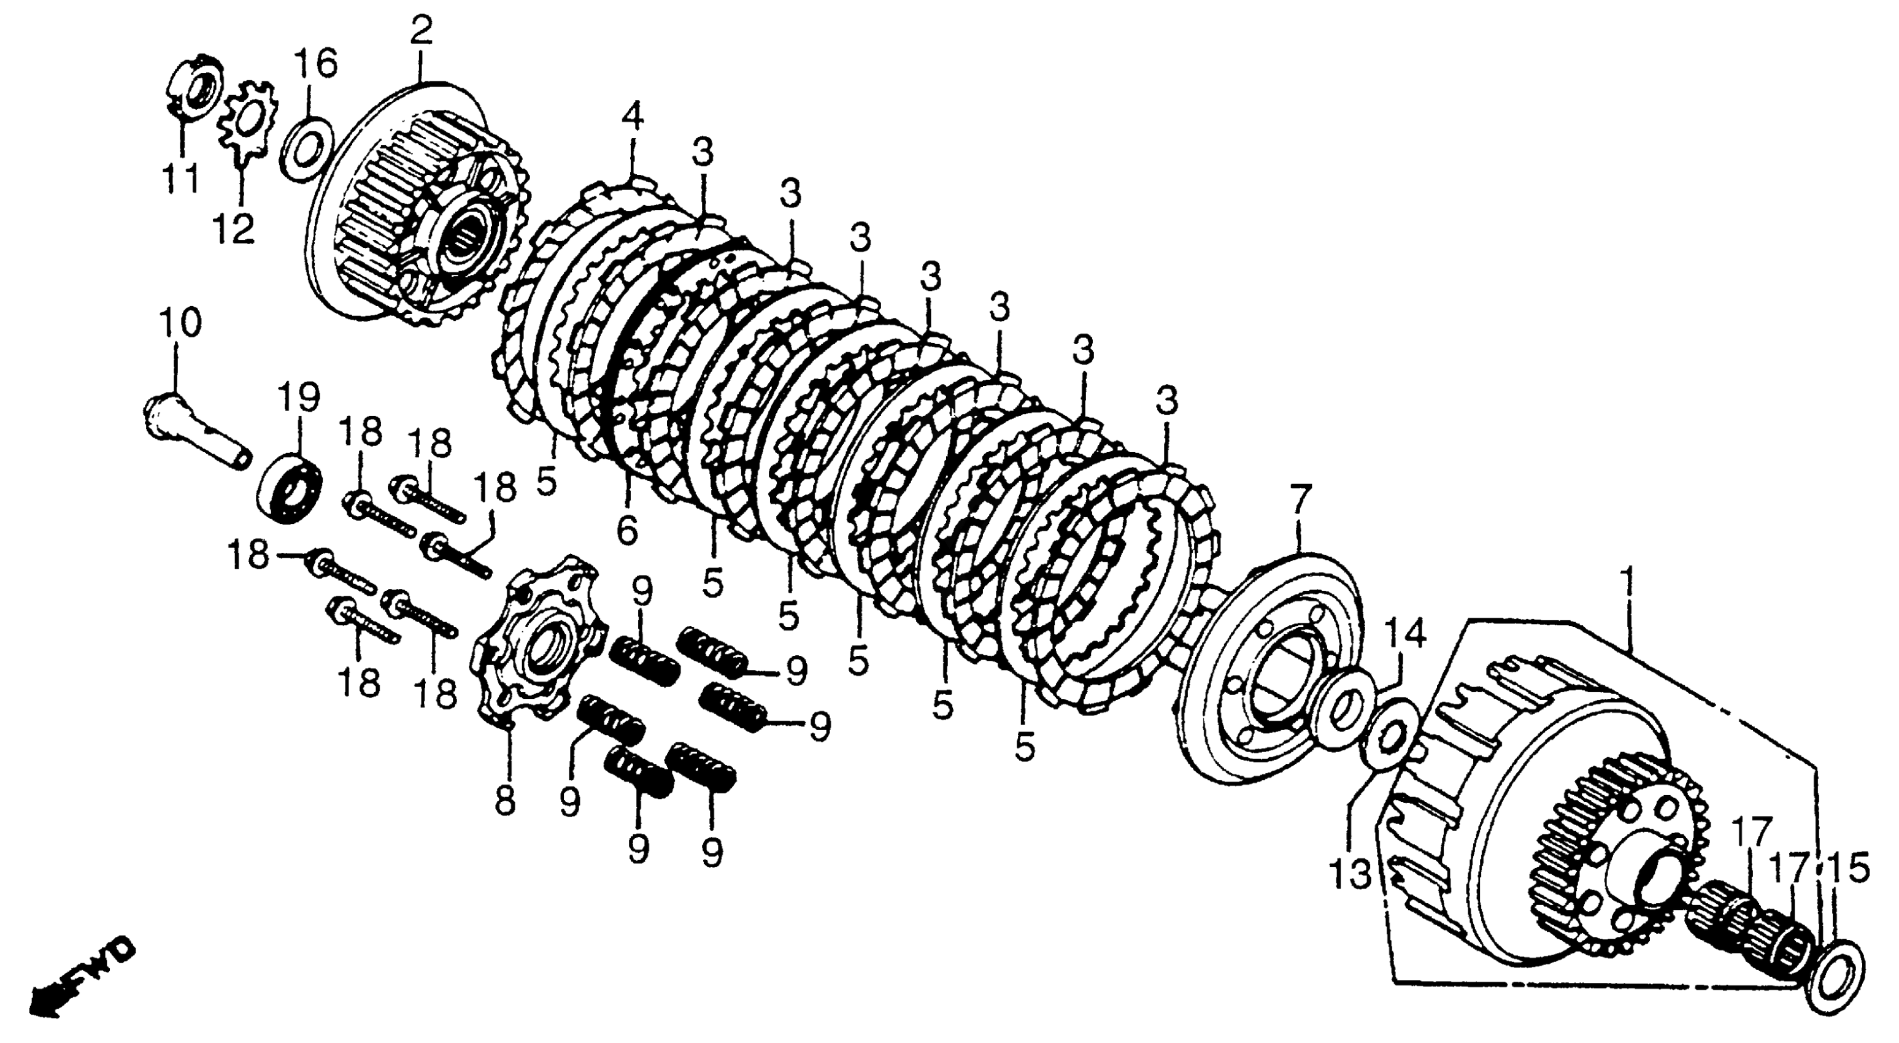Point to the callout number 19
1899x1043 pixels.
pyautogui.click(x=299, y=399)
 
